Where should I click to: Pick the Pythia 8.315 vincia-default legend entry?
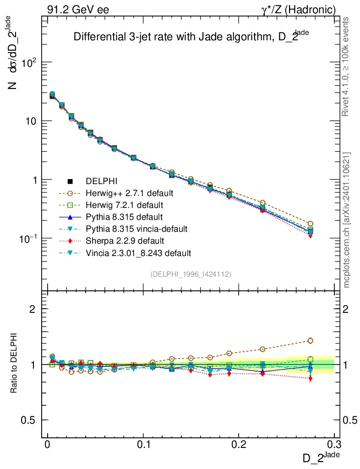click(133, 229)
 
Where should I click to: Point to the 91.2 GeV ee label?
click(78, 10)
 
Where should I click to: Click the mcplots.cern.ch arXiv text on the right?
click(347, 220)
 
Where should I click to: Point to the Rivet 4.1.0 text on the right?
click(347, 66)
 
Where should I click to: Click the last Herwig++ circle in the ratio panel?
click(311, 340)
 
